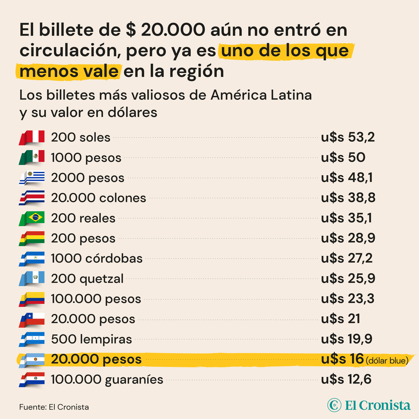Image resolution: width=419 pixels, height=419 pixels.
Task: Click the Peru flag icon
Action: (x=32, y=138)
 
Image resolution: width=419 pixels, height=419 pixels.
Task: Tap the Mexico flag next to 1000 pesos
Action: (x=32, y=157)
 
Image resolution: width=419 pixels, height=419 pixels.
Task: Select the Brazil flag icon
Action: (x=32, y=218)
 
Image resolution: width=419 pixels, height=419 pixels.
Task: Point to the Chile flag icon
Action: (x=32, y=319)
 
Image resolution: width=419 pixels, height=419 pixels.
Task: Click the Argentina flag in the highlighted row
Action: (x=32, y=360)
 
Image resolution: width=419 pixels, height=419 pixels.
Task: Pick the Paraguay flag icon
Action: (x=32, y=380)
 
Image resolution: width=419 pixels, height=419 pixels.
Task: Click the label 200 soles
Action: (x=81, y=138)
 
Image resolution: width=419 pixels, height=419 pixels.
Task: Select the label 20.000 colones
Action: (x=98, y=198)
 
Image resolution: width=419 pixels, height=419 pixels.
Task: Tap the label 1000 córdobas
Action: (x=97, y=259)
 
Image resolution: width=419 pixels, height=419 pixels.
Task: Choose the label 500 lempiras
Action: (x=91, y=339)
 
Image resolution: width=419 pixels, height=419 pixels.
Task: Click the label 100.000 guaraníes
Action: (x=107, y=380)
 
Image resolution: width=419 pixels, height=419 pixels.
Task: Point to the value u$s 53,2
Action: (x=348, y=137)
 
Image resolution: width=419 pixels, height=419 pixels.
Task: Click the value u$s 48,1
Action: (x=347, y=178)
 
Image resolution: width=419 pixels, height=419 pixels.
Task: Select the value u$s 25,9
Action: (x=348, y=279)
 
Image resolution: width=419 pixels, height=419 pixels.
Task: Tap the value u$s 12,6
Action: (x=346, y=380)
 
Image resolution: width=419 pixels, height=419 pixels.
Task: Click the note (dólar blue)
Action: (x=387, y=361)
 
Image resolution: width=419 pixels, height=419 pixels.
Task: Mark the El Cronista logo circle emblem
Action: (x=335, y=405)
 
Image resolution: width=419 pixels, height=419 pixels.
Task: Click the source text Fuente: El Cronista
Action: (x=54, y=407)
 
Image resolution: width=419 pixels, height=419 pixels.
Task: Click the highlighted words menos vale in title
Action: (x=69, y=71)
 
